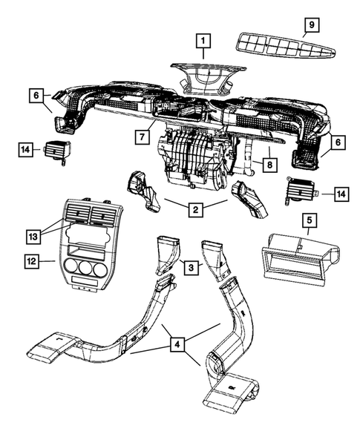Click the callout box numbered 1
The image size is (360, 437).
point(203,42)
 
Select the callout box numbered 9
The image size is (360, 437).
point(312,24)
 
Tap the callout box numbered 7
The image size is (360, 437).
point(143,137)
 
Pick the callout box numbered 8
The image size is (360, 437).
point(269,165)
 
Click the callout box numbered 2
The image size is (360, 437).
point(196,209)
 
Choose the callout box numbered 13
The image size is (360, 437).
point(33,237)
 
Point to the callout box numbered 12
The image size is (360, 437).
point(32,261)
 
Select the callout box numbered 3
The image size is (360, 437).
point(191,268)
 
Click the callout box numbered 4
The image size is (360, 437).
point(177,345)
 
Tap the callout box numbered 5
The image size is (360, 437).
point(310,220)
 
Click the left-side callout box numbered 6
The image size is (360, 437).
point(36,96)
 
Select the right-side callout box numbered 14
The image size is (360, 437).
point(341,194)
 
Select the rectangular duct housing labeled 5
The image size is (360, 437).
point(301,260)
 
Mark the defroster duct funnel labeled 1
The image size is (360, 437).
point(208,79)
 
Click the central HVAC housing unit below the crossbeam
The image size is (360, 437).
point(195,159)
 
